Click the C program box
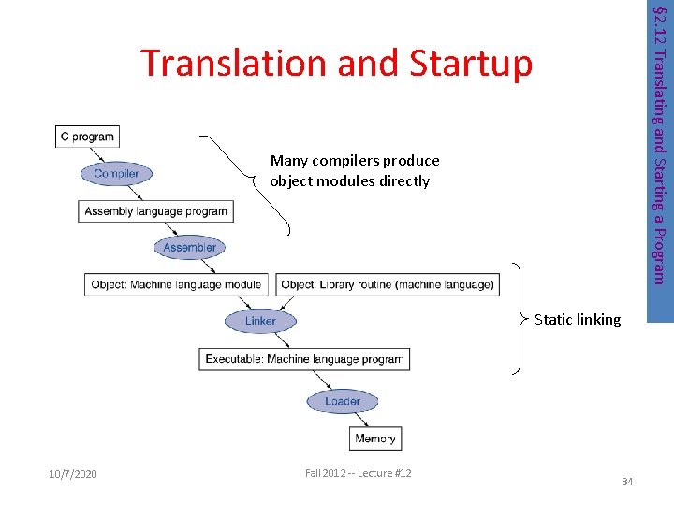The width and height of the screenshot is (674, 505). [x=87, y=137]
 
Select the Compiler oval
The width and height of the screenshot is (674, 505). [x=116, y=173]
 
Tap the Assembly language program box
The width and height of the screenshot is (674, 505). [x=155, y=211]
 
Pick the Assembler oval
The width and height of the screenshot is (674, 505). [x=189, y=247]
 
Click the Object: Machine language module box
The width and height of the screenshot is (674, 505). [x=177, y=284]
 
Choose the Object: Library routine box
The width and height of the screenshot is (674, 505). [x=387, y=284]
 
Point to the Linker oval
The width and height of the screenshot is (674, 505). [x=260, y=321]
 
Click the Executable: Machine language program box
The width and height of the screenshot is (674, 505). [x=304, y=358]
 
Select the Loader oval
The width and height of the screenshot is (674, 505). [x=342, y=401]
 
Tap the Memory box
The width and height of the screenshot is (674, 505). [x=375, y=438]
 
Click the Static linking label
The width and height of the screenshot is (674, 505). [x=577, y=320]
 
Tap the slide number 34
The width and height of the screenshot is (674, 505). [x=627, y=482]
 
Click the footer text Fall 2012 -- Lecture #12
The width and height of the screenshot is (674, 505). [x=358, y=474]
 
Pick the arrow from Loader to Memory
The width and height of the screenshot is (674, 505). [x=361, y=419]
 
